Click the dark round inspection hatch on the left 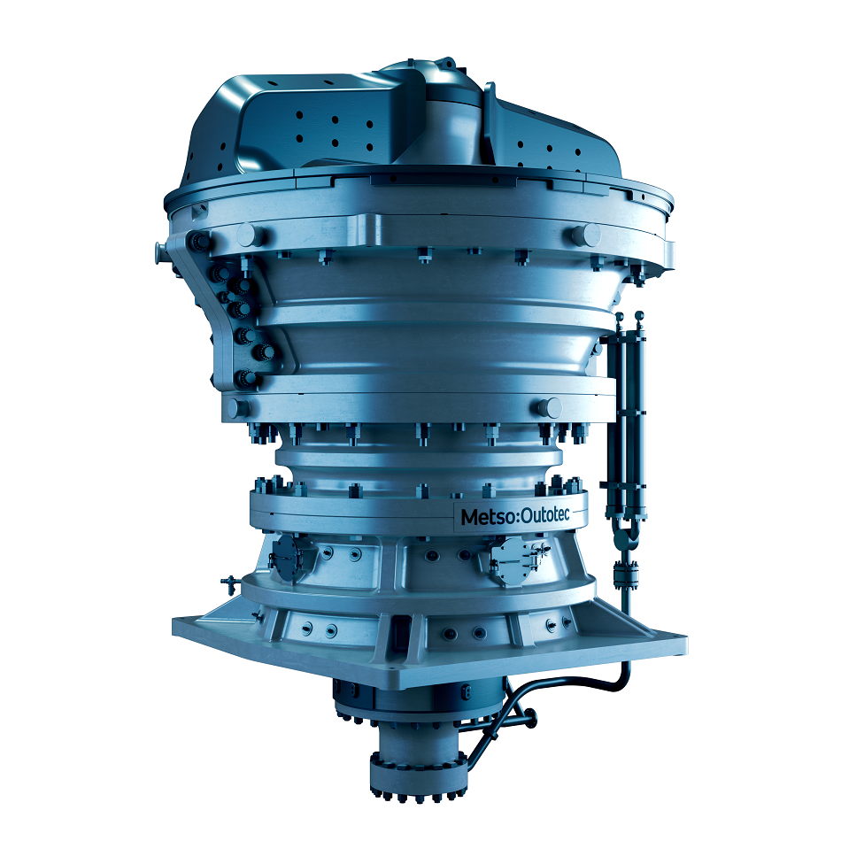(x=288, y=558)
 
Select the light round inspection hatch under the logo (x=512, y=559)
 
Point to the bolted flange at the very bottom (x=417, y=774)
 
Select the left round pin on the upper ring (x=249, y=235)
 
